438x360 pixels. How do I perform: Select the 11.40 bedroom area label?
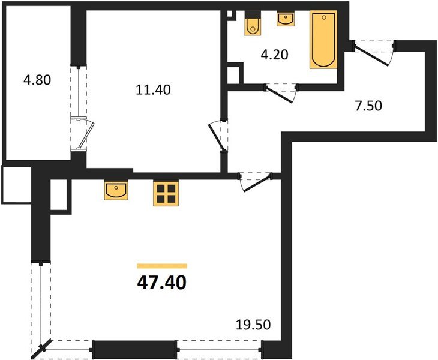154,91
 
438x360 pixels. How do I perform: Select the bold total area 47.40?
161,282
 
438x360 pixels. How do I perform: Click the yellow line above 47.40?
161,266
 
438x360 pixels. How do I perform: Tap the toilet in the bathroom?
253,25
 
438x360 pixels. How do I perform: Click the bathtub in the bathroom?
323,40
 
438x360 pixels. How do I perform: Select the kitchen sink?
115,190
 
